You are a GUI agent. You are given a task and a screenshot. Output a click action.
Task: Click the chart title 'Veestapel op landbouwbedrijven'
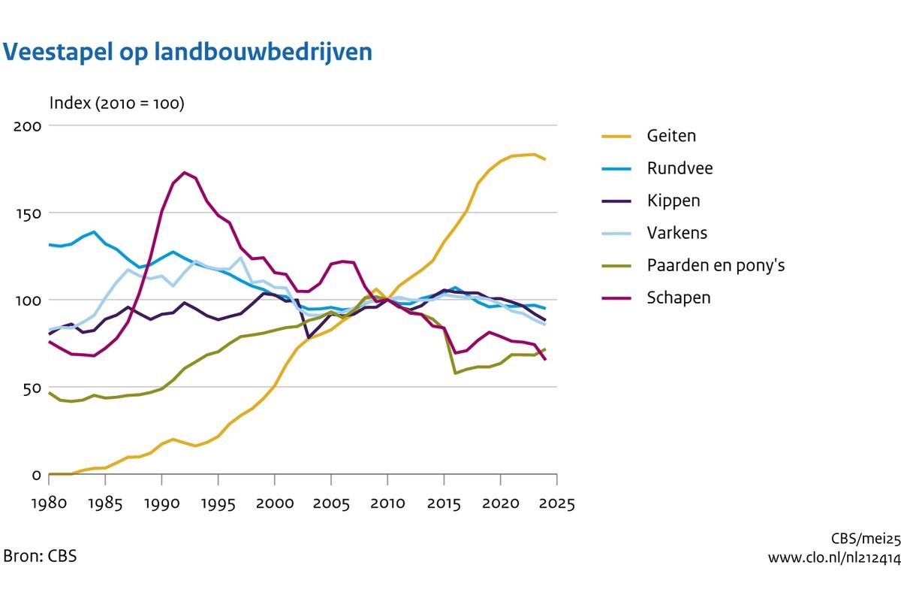pyautogui.click(x=188, y=52)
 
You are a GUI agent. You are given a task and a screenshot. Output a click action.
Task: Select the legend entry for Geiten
pyautogui.click(x=671, y=136)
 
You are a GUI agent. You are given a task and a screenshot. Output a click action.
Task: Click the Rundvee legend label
pyautogui.click(x=680, y=168)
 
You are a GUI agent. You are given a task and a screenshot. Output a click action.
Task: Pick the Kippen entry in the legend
pyautogui.click(x=673, y=201)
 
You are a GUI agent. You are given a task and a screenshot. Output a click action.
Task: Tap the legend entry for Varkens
pyautogui.click(x=676, y=233)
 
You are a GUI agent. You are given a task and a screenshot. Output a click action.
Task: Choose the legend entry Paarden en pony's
pyautogui.click(x=716, y=265)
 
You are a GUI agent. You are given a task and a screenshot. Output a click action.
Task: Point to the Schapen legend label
pyautogui.click(x=678, y=297)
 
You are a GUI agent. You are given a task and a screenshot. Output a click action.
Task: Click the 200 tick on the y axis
pyautogui.click(x=27, y=125)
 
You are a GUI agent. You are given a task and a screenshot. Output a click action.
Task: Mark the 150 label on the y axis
pyautogui.click(x=27, y=213)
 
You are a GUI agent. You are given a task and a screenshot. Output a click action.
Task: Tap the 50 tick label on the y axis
pyautogui.click(x=31, y=388)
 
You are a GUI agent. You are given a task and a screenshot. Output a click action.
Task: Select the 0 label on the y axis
pyautogui.click(x=35, y=475)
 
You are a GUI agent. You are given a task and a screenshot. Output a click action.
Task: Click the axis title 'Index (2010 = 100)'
pyautogui.click(x=116, y=103)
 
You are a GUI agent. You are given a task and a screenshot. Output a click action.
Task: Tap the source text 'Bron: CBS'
pyautogui.click(x=40, y=557)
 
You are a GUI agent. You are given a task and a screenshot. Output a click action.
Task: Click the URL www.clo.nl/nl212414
pyautogui.click(x=833, y=557)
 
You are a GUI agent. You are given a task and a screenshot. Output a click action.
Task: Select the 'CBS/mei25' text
pyautogui.click(x=865, y=539)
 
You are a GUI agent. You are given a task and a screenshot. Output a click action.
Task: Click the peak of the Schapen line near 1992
pyautogui.click(x=185, y=173)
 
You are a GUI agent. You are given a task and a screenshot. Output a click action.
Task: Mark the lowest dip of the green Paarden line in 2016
pyautogui.click(x=455, y=373)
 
